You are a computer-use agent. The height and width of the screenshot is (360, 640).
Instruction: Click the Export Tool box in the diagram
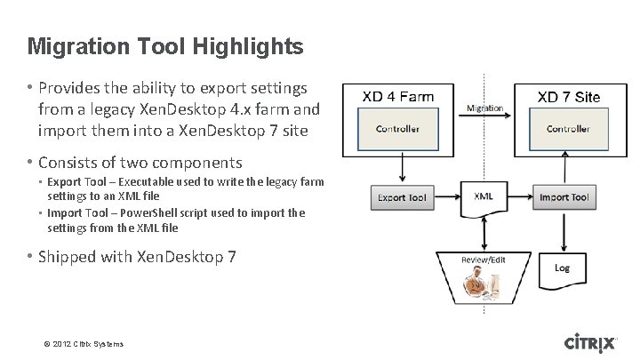point(403,197)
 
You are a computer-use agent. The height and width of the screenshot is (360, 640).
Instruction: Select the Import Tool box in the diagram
point(562,197)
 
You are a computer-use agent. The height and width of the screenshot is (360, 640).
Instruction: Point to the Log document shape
point(562,268)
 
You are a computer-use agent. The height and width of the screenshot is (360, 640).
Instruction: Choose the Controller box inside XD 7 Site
point(567,130)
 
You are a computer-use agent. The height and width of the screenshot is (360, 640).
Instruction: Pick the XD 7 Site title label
point(569,96)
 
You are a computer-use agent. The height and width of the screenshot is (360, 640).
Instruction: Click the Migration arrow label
point(484,108)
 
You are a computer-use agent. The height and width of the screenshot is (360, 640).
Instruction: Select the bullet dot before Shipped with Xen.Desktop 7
point(30,258)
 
